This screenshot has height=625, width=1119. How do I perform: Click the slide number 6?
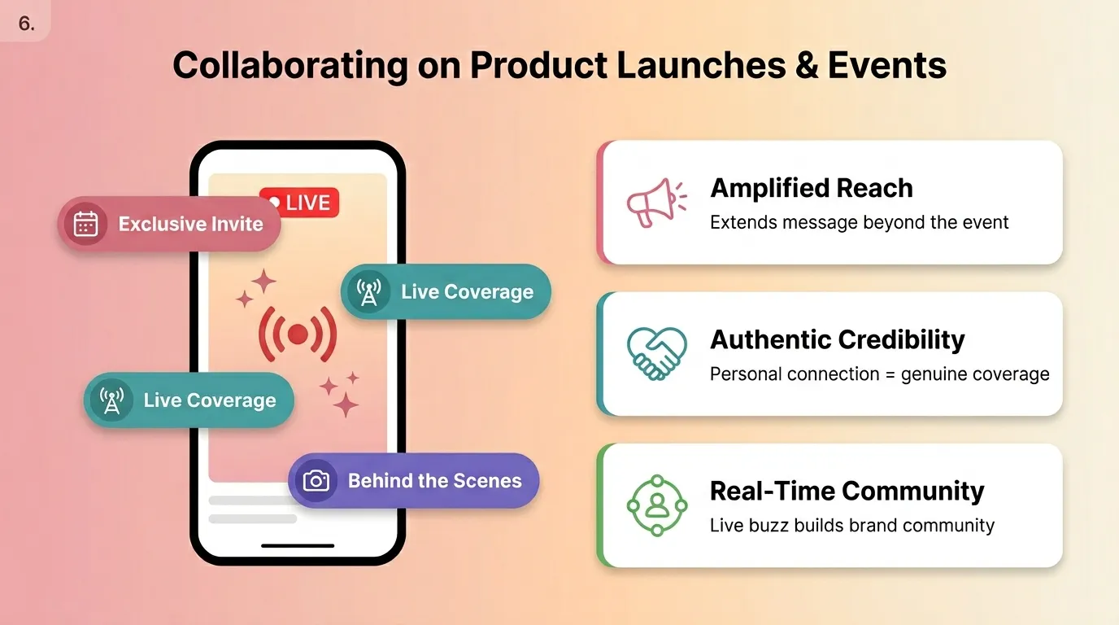point(26,24)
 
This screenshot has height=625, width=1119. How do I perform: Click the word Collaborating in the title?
point(290,65)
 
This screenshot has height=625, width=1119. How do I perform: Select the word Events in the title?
point(887,65)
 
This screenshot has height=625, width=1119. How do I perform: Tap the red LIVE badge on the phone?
point(298,203)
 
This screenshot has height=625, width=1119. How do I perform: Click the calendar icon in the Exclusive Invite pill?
point(85,224)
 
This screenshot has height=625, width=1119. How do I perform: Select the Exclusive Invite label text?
point(190,224)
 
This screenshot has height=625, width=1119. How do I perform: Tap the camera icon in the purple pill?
point(316,481)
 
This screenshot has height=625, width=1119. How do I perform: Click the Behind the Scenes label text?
point(434,481)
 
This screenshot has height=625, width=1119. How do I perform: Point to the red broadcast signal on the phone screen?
point(298,334)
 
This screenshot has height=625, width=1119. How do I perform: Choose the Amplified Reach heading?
point(811,188)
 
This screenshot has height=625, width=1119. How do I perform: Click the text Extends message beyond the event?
point(859,222)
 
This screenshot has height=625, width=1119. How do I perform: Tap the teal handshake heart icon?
point(656,353)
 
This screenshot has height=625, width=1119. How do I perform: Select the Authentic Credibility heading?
point(837,339)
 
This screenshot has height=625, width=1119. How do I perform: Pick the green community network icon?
point(656,505)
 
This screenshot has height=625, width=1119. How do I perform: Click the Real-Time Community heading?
point(847,491)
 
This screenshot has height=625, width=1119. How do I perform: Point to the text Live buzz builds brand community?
point(851,525)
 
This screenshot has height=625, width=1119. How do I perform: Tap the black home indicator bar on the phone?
point(297,545)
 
